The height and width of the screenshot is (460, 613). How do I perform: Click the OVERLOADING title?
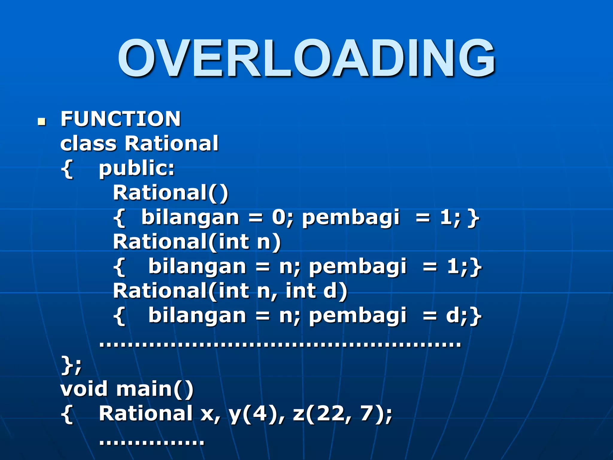tap(306, 58)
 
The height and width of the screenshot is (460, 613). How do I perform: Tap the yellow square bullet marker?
tap(42, 121)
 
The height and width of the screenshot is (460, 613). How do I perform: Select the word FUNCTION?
tap(121, 119)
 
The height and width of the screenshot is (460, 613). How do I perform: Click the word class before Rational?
tap(88, 143)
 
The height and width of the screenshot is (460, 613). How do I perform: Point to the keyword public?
tap(136, 168)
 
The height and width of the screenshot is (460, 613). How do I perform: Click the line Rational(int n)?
tap(197, 242)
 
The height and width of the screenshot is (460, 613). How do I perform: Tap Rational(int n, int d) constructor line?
tap(230, 291)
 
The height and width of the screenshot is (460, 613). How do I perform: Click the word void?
tap(84, 389)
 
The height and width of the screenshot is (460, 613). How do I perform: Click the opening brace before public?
tap(67, 169)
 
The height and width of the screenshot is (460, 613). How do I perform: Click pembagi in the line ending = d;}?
tap(358, 316)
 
